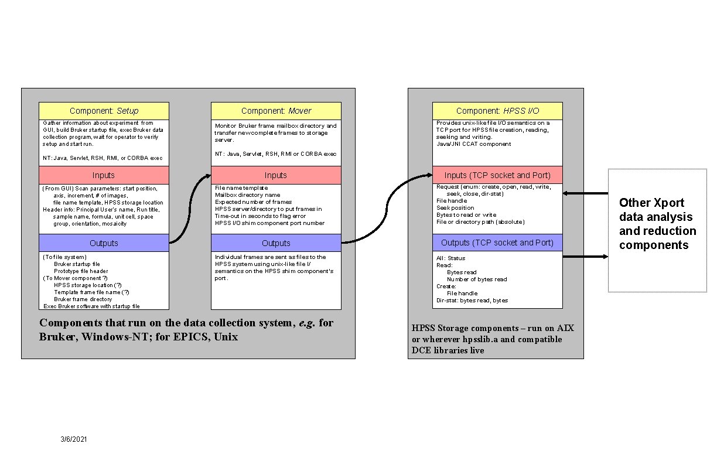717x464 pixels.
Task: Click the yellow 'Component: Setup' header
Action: pyautogui.click(x=104, y=111)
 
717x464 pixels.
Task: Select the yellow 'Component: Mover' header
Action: pyautogui.click(x=276, y=111)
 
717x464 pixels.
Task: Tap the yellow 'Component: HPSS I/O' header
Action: pyautogui.click(x=497, y=111)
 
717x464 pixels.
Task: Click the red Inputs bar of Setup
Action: pyautogui.click(x=104, y=175)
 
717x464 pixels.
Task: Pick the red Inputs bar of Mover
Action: pyautogui.click(x=276, y=175)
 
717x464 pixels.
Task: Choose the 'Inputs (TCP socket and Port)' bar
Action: pyautogui.click(x=497, y=175)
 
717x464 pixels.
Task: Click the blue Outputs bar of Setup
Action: pyautogui.click(x=104, y=243)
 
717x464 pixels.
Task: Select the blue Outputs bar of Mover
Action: pyautogui.click(x=276, y=243)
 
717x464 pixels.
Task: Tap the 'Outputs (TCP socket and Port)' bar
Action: pyautogui.click(x=497, y=243)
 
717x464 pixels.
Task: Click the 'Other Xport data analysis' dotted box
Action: pyautogui.click(x=657, y=230)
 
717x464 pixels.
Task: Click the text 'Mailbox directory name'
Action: pyautogui.click(x=247, y=195)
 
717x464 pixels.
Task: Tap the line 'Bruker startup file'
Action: pyautogui.click(x=77, y=264)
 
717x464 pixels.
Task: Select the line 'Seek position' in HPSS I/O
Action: pyautogui.click(x=455, y=208)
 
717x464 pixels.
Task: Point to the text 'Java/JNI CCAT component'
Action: pyautogui.click(x=473, y=144)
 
